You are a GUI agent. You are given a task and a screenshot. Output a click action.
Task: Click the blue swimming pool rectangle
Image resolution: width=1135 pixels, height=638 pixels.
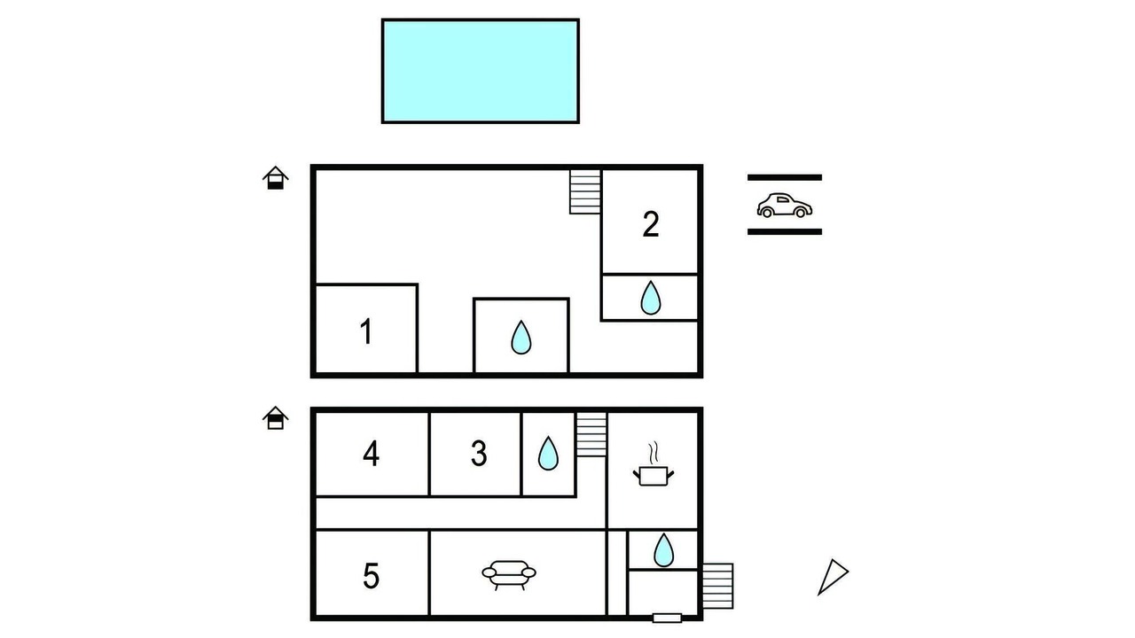pos(481,71)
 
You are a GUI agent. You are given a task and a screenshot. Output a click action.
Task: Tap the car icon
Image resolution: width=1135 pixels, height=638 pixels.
pos(785,206)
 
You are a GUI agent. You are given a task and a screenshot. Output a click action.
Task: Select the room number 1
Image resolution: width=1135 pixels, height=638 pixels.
pos(366,331)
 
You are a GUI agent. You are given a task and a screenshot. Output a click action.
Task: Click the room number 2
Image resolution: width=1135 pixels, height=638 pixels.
pos(651,224)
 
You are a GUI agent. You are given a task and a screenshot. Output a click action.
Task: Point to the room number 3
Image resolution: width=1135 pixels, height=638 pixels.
pos(479,453)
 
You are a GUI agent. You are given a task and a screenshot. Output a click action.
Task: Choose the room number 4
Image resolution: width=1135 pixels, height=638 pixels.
pos(371,453)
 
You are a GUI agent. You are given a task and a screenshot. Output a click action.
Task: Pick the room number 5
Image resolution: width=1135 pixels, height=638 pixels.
pos(371,576)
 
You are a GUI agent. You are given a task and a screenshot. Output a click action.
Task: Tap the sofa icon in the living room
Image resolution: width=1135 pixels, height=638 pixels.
pos(509,575)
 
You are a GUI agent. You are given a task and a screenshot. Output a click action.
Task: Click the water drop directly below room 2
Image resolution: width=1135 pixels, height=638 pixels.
pos(651,298)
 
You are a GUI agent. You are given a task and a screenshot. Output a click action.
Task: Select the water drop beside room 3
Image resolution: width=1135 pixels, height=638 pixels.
pos(548,453)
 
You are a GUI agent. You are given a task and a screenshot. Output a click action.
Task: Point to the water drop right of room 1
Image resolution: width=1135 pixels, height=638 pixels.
pos(521,338)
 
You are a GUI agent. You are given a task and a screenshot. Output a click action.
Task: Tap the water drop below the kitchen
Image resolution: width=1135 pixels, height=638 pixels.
pos(663,550)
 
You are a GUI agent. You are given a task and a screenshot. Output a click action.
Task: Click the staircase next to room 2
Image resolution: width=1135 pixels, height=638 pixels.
pos(585,191)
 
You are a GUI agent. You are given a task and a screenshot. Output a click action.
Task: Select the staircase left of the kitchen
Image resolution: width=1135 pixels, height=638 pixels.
pos(591,435)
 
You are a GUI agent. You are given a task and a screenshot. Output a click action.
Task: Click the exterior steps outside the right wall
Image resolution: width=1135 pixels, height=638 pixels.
pos(717,586)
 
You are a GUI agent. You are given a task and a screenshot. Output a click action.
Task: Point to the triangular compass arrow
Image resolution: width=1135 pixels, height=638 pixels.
pos(833,577)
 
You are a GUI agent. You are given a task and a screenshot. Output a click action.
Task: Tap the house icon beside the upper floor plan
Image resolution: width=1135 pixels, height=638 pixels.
pos(275,178)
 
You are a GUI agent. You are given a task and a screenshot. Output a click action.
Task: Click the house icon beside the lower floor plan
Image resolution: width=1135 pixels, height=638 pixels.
pos(275,417)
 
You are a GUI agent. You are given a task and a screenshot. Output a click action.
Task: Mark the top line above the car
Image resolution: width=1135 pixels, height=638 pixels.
pos(785,178)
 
